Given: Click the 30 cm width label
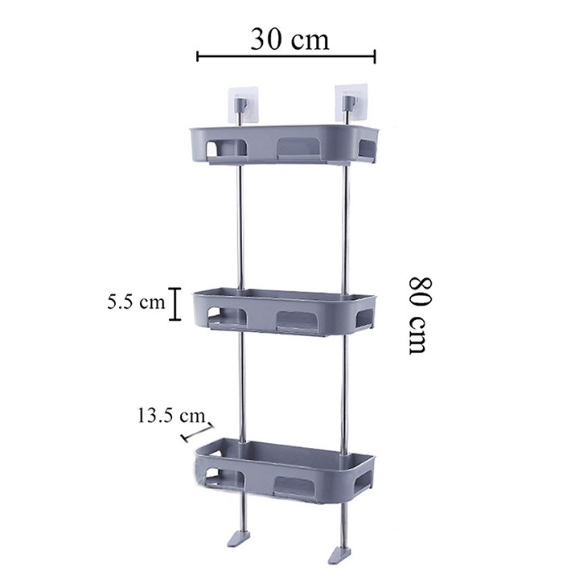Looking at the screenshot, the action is click(x=289, y=39).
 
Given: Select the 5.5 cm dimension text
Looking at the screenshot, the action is click(x=136, y=302).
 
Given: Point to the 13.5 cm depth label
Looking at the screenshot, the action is click(x=171, y=416).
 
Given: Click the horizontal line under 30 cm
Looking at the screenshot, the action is click(x=286, y=56).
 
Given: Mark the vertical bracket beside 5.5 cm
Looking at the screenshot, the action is click(x=175, y=304).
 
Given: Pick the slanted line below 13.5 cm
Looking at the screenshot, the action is click(x=198, y=433).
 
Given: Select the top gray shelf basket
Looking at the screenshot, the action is click(x=284, y=145).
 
